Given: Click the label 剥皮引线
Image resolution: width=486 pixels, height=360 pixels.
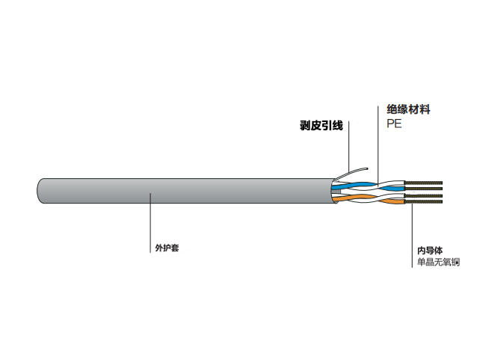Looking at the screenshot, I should coord(321,126).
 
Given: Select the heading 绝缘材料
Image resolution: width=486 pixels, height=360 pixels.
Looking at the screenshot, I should coord(408,110).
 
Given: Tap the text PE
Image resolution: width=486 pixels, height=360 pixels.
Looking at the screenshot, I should coord(394,124).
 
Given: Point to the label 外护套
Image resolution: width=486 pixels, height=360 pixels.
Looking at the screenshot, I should coord(166,248).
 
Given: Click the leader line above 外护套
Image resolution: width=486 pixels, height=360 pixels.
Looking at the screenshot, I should coord(152,217).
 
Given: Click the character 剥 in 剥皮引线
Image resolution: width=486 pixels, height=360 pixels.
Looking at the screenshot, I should coord(304,126).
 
